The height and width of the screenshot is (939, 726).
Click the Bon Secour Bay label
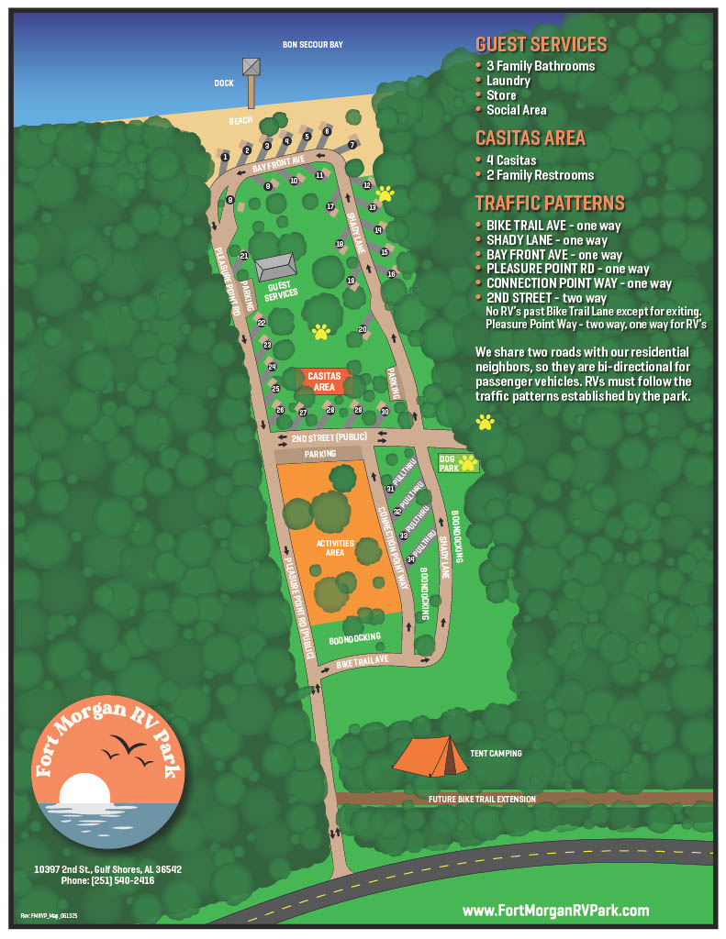(x=312, y=44)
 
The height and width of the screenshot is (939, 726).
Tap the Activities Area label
(x=334, y=548)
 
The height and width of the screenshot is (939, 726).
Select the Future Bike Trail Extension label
(x=482, y=800)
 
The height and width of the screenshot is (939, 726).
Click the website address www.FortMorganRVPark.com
(x=555, y=911)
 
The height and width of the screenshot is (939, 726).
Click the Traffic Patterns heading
(x=550, y=204)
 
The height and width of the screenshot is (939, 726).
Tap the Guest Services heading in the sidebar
(x=541, y=44)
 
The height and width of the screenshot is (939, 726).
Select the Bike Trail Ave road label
(x=363, y=661)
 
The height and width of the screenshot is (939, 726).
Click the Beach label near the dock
(x=240, y=121)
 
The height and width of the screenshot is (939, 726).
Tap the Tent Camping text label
(x=496, y=754)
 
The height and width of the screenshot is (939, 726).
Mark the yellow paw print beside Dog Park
(x=468, y=462)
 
